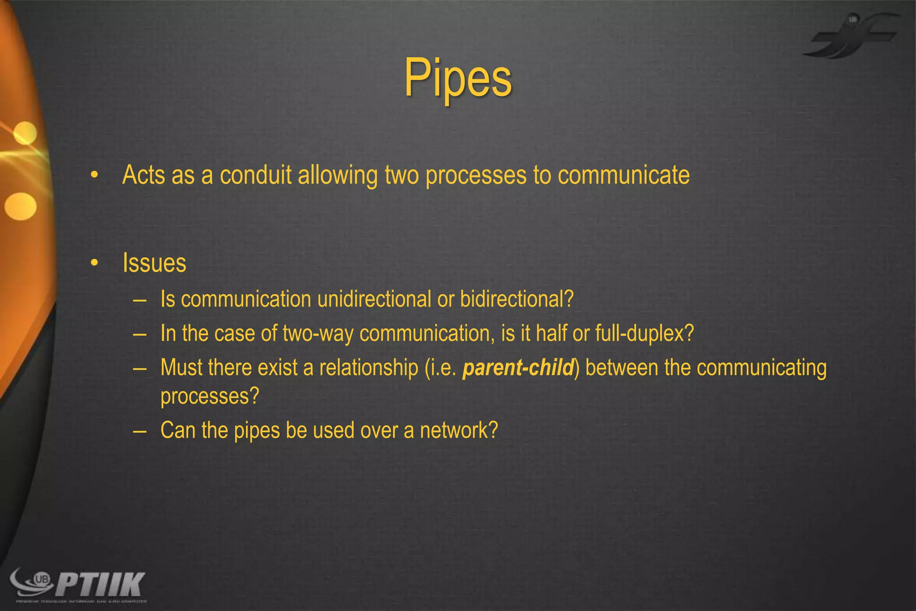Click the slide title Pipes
[458, 79]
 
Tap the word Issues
[154, 263]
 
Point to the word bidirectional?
[517, 299]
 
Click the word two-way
[318, 333]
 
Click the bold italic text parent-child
[518, 367]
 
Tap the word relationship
[369, 367]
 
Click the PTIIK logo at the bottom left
[78, 584]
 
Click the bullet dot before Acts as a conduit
[94, 175]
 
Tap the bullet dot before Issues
[94, 263]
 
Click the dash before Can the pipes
[140, 431]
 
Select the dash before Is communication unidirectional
[140, 299]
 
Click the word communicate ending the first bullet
[623, 175]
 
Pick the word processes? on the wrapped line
[210, 396]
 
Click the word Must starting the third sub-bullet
[181, 367]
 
